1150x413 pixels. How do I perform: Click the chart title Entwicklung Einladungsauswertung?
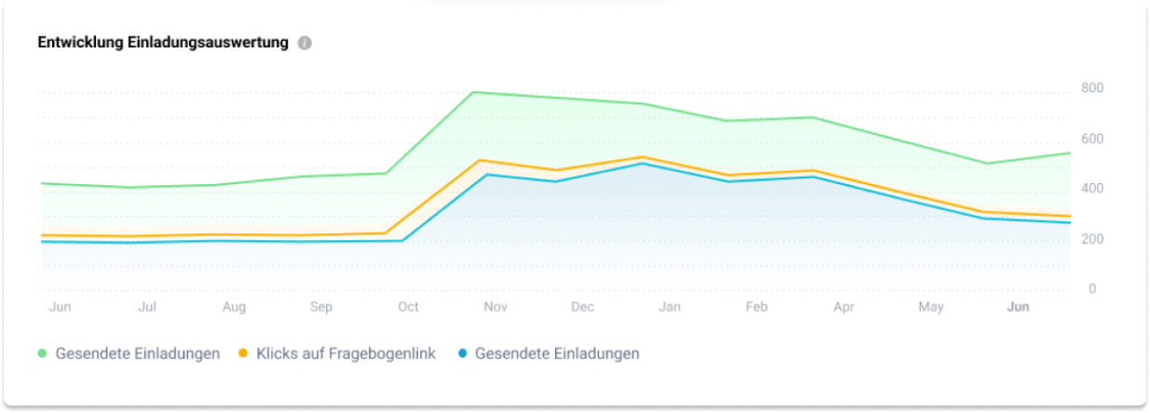coord(163,43)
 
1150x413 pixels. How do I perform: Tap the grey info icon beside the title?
coord(304,44)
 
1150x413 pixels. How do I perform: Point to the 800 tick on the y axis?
coord(1092,88)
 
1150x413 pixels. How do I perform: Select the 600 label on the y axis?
coord(1092,140)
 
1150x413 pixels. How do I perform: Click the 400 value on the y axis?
coord(1092,189)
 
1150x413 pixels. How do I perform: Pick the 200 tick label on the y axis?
coord(1092,240)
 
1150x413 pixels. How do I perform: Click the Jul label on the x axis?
coord(146,307)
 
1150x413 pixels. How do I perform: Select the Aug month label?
coord(234,307)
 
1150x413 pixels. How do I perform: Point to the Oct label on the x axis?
coord(408,307)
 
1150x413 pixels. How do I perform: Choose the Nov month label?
coord(495,307)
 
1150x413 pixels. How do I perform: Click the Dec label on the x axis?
coord(583,307)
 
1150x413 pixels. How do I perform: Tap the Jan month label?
coord(670,307)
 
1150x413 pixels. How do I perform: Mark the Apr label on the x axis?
coord(844,307)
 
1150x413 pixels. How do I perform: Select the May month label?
coord(931,307)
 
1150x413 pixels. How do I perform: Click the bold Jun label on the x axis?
coord(1018,307)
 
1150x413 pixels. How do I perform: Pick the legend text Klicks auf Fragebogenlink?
coord(346,353)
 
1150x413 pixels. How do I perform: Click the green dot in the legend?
coord(42,353)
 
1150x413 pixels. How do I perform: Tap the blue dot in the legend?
coord(462,353)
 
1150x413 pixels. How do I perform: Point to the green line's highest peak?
coord(474,92)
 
